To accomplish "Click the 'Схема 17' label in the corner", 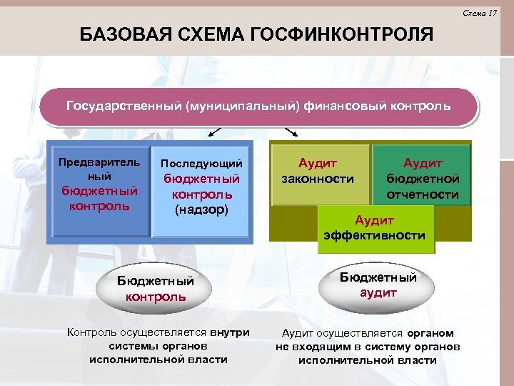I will (480, 13).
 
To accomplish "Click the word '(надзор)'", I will (201, 209).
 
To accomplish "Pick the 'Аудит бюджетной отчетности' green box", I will (423, 177).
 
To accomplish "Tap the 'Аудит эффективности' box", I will (376, 228).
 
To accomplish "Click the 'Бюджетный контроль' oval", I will (156, 289).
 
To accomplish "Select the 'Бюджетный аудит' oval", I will (378, 284).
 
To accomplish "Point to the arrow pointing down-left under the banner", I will (213, 132).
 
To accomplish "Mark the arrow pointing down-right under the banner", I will (292, 132).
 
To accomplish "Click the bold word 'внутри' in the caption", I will (230, 332).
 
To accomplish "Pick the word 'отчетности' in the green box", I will (423, 194).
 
